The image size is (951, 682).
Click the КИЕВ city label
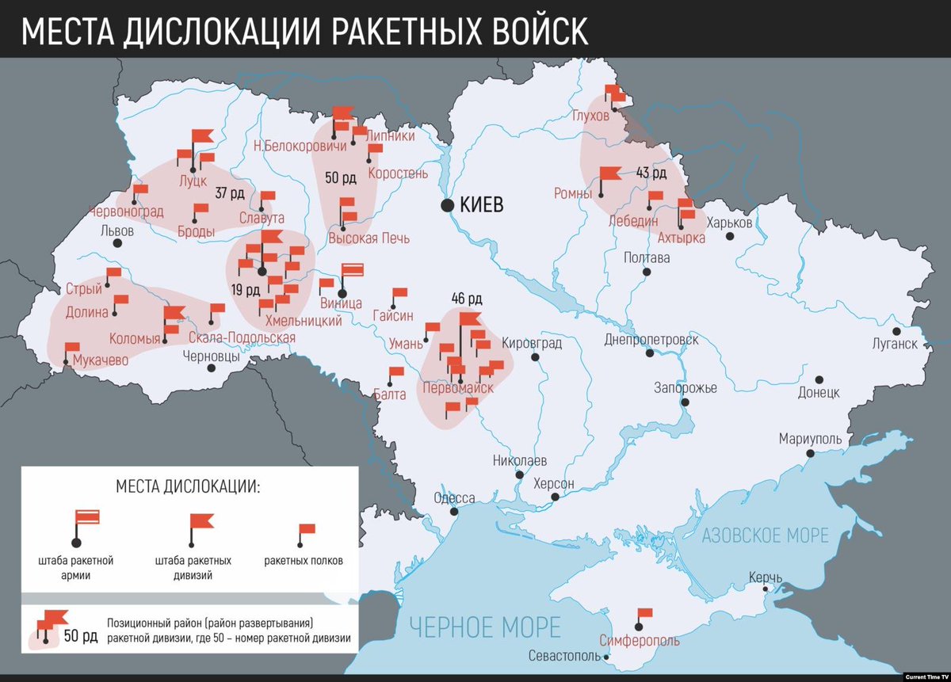pos(481,205)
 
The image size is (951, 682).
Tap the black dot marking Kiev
pos(447,205)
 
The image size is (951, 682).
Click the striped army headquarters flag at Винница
pos(352,270)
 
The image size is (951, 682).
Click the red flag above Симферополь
pos(644,613)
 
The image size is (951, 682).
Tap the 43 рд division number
pos(651,173)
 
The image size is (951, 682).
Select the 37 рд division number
pos(229,192)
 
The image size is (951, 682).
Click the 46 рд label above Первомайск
pos(467,299)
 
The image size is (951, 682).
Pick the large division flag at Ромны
pos(609,173)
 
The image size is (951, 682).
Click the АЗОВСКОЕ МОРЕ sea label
pos(765,535)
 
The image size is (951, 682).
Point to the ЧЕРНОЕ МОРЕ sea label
pos(485,627)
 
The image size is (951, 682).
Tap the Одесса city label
pos(454,498)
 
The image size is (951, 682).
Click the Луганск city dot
pos(896,331)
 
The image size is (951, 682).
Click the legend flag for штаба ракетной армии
pos(86,519)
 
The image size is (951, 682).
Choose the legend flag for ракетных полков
pos(306,529)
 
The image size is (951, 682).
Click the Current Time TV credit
pos(926,676)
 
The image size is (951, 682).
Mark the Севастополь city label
pos(565,656)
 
